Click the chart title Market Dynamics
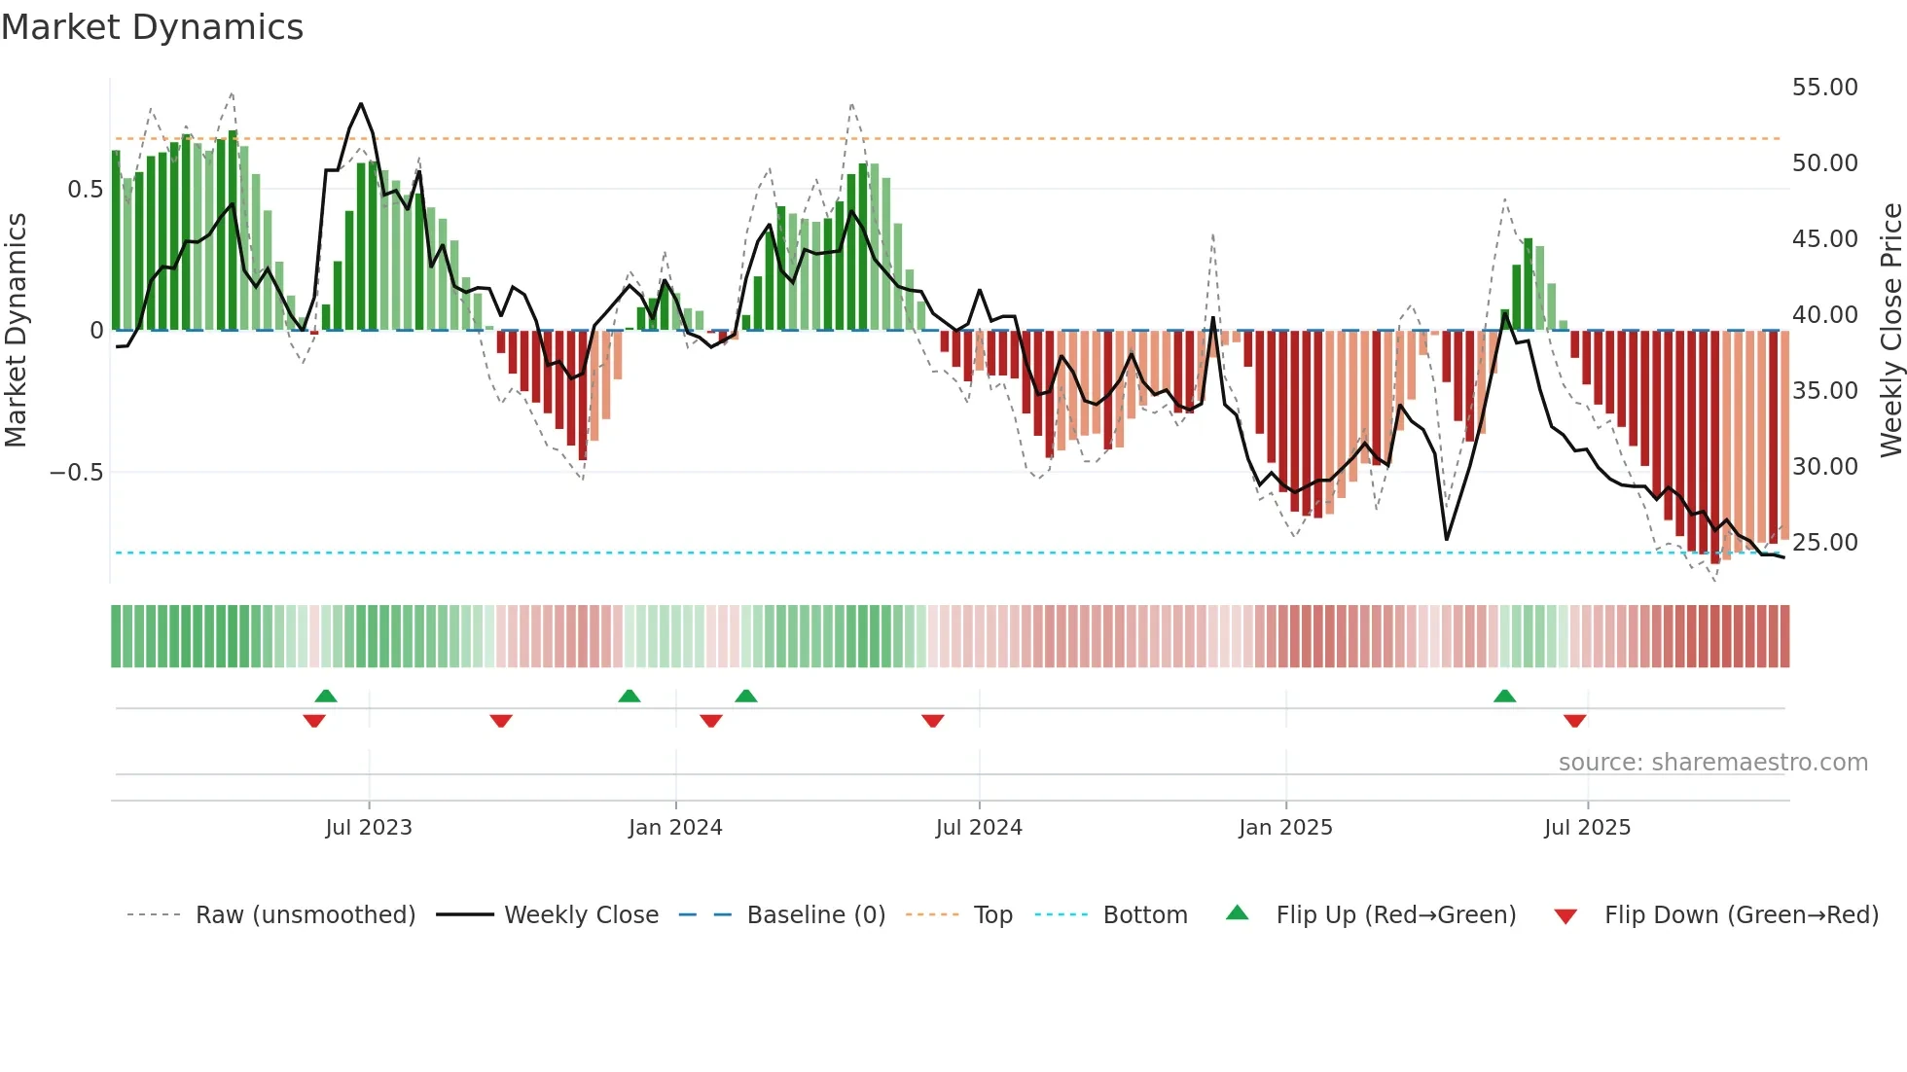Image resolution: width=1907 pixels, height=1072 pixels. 152,27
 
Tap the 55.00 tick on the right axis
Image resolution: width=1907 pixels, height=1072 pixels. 1824,88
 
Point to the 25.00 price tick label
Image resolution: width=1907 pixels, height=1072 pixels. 1824,543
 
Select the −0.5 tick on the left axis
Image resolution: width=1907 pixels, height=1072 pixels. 76,473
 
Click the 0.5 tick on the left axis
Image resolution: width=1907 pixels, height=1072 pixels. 85,190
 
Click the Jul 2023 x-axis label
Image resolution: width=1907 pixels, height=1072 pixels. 369,828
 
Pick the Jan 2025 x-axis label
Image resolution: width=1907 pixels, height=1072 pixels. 1285,828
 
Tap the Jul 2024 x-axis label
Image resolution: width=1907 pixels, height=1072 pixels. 979,828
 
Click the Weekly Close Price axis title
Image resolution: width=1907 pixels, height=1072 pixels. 1890,330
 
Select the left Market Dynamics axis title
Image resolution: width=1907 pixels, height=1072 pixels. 16,330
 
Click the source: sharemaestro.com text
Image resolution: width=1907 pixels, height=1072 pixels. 1712,763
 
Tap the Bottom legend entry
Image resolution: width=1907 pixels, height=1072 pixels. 1144,915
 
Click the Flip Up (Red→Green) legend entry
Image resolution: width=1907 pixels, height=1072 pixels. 1395,915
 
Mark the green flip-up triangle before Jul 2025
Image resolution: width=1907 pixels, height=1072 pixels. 1504,697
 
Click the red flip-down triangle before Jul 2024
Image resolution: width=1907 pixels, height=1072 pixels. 932,721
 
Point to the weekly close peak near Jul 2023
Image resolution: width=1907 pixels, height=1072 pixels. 361,104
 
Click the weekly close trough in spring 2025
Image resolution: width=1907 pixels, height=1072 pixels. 1447,539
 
